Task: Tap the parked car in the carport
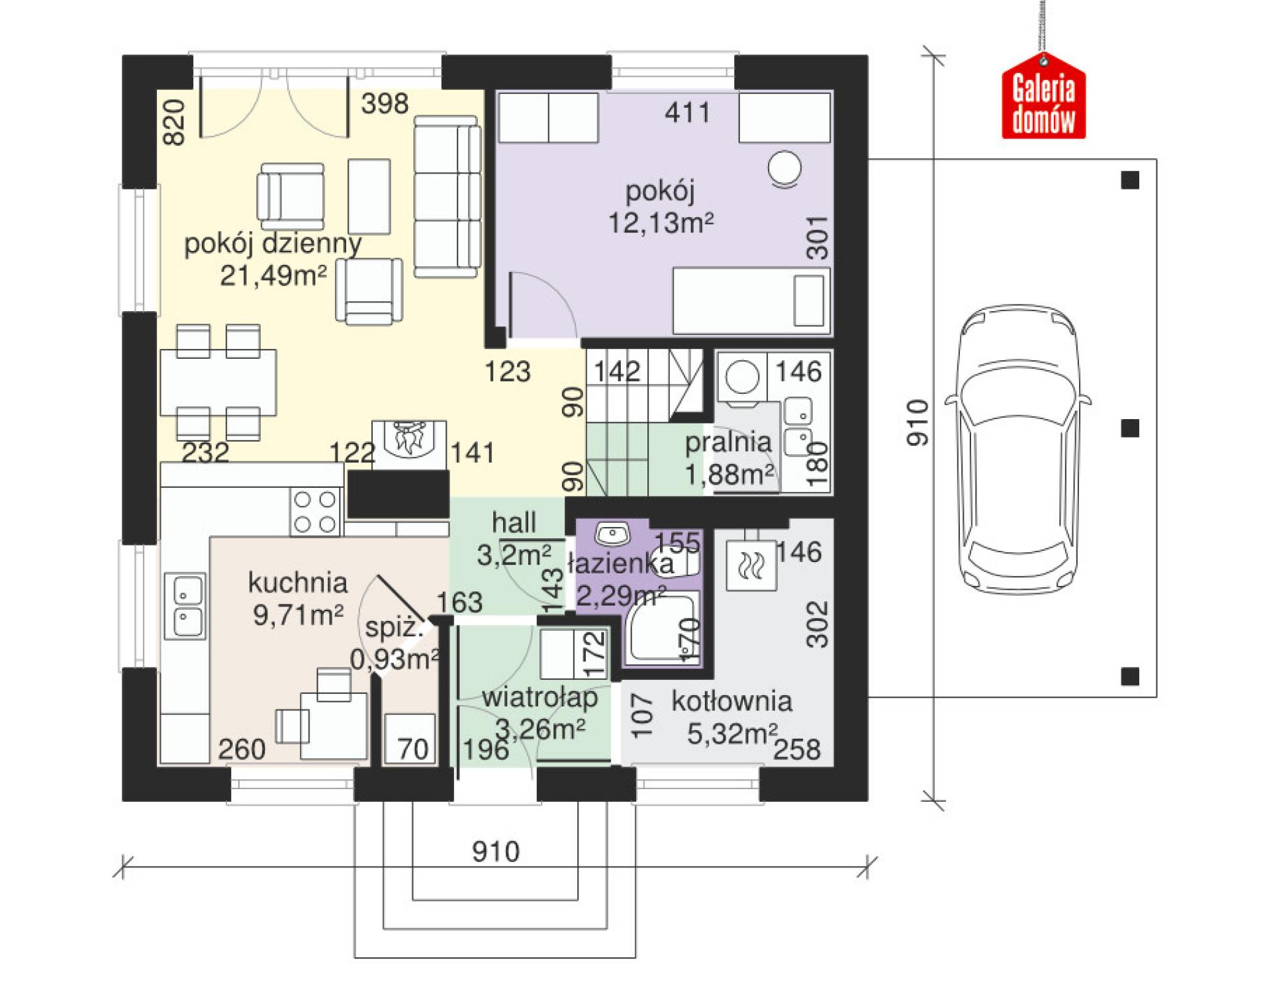pyautogui.click(x=1017, y=450)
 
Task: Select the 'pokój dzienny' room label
pyautogui.click(x=273, y=244)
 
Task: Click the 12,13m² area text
pyautogui.click(x=661, y=223)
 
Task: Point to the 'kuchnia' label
pyautogui.click(x=298, y=583)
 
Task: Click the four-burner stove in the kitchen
pyautogui.click(x=315, y=511)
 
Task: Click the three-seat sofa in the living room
pyautogui.click(x=447, y=197)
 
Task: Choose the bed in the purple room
pyautogui.click(x=751, y=301)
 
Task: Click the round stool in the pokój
pyautogui.click(x=784, y=168)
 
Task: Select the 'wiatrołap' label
pyautogui.click(x=540, y=698)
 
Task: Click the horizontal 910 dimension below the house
pyautogui.click(x=496, y=851)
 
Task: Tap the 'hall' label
pyautogui.click(x=514, y=523)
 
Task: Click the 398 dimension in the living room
pyautogui.click(x=385, y=104)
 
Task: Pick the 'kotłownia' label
pyautogui.click(x=732, y=702)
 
